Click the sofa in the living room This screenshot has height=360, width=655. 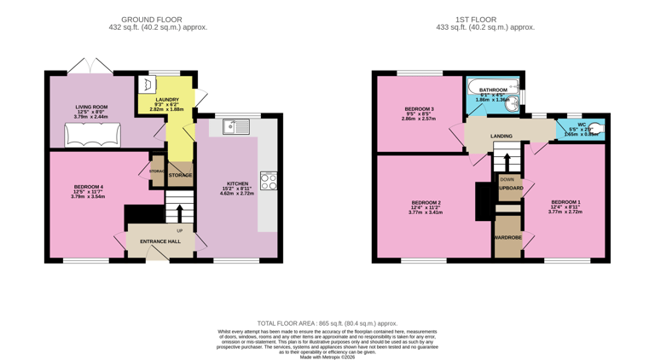click(93, 136)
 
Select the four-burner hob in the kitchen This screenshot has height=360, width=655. click(269, 181)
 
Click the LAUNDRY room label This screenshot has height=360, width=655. click(166, 100)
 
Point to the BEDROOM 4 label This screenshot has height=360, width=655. click(89, 187)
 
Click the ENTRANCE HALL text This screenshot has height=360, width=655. click(160, 241)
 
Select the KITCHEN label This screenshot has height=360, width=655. click(237, 183)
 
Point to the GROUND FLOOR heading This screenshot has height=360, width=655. click(151, 19)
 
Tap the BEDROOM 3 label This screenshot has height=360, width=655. click(419, 109)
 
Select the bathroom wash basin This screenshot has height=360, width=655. click(515, 98)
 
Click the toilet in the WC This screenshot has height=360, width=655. click(597, 129)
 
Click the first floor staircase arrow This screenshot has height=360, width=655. click(507, 160)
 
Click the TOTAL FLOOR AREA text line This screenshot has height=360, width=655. click(327, 323)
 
